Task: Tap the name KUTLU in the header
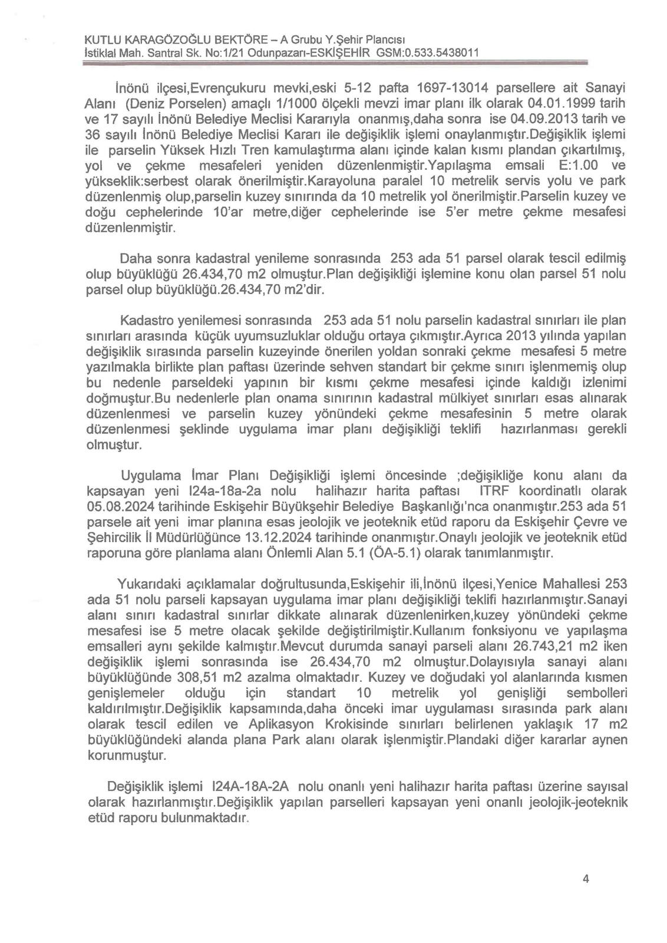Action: (x=103, y=40)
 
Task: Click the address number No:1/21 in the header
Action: (x=222, y=53)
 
